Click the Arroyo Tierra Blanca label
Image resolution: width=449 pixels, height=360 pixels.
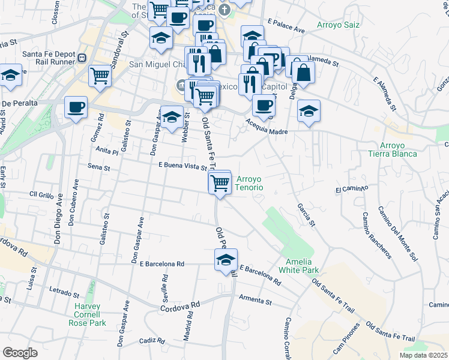pyautogui.click(x=399, y=150)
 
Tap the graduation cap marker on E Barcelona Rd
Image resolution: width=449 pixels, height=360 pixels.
pyautogui.click(x=226, y=260)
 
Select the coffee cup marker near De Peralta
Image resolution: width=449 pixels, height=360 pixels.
pyautogui.click(x=76, y=107)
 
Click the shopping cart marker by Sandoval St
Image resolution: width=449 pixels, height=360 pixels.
pyautogui.click(x=100, y=76)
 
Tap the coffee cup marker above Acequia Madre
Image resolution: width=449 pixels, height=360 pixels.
pyautogui.click(x=264, y=106)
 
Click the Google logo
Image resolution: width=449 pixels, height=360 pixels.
pyautogui.click(x=20, y=353)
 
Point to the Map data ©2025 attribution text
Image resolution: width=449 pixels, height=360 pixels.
pyautogui.click(x=424, y=355)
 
